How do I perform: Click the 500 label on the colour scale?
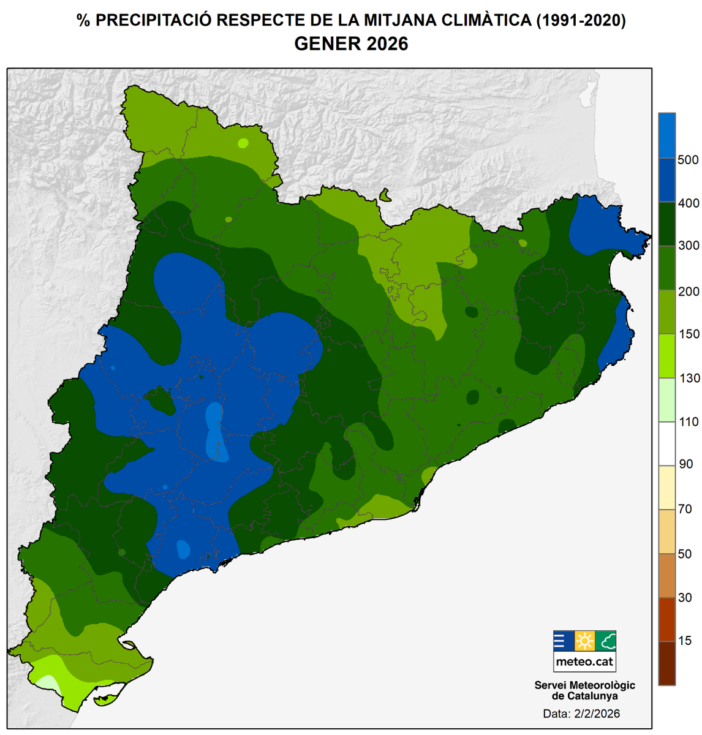point(689,160)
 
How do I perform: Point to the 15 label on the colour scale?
point(685,641)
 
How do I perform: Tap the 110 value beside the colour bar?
point(689,422)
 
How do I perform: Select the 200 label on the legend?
point(689,291)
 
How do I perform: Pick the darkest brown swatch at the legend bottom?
point(666,663)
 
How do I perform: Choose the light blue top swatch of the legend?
point(666,135)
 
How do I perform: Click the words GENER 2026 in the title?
point(351,44)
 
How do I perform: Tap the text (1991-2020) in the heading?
point(581,20)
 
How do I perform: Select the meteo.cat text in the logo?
point(584,661)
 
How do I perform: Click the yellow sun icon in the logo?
point(584,641)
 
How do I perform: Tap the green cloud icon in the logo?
point(606,641)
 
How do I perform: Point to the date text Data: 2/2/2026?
point(581,714)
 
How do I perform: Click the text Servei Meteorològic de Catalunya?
point(584,690)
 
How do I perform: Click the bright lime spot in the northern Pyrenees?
point(243,143)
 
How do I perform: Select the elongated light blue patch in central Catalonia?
point(216,432)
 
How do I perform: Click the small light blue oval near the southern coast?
point(183,549)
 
